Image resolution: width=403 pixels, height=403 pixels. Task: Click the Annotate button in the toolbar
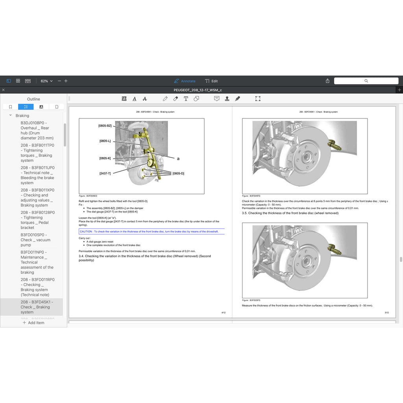tap(185, 81)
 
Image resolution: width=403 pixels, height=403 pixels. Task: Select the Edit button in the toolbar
tap(211, 81)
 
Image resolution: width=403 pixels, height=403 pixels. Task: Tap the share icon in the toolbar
tap(327, 81)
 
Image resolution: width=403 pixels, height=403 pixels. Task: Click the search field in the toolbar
tap(366, 81)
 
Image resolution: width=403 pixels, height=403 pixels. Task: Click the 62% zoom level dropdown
tap(46, 81)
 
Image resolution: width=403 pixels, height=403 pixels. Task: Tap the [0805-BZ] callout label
tap(105, 126)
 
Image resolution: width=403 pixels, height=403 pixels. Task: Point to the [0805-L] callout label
tap(105, 141)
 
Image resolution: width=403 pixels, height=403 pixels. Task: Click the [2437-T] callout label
tap(105, 173)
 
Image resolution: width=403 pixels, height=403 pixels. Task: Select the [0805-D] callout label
tap(178, 173)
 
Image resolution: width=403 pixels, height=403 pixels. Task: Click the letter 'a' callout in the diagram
tap(178, 159)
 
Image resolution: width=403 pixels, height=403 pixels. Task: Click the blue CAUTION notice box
tap(152, 231)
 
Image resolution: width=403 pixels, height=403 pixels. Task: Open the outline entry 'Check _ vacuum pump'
tap(35, 240)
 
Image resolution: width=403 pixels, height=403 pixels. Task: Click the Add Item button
tap(33, 323)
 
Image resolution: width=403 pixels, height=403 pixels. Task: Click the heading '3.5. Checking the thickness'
tap(290, 213)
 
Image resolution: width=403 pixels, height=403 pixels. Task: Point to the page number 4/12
tap(224, 312)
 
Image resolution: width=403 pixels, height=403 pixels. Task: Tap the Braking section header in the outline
tap(22, 116)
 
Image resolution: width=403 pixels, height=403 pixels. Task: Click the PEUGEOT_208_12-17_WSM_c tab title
tap(198, 90)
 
